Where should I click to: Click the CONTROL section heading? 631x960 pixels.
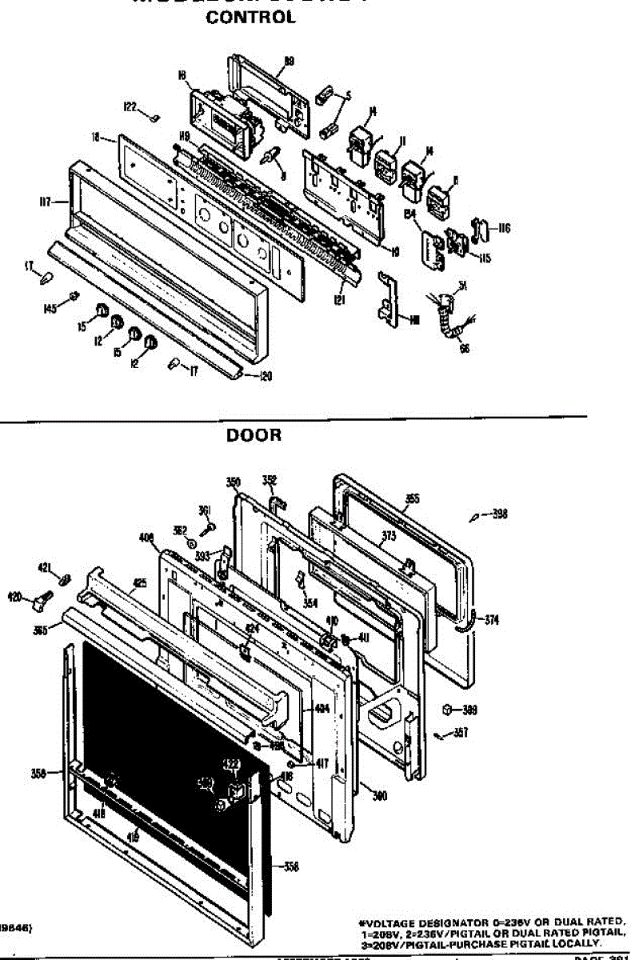click(x=251, y=18)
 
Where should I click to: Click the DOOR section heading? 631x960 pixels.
click(x=254, y=435)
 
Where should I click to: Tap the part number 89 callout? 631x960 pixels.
click(x=290, y=60)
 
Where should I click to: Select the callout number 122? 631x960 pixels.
click(x=130, y=106)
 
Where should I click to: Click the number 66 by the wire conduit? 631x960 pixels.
click(x=465, y=347)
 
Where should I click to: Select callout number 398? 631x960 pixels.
click(x=500, y=514)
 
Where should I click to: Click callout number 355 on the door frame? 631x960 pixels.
click(x=412, y=498)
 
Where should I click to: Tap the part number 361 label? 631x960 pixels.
click(x=204, y=510)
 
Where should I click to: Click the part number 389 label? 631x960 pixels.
click(x=470, y=709)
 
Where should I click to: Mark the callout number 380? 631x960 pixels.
click(x=381, y=794)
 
